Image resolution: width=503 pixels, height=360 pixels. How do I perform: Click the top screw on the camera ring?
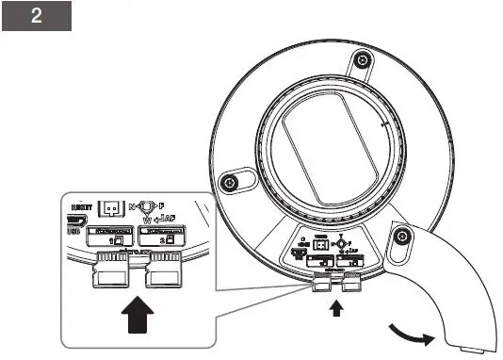(x=359, y=62)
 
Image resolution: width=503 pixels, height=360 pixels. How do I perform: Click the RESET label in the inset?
(x=79, y=206)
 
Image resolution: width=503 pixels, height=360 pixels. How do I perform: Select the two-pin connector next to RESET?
(x=110, y=208)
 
